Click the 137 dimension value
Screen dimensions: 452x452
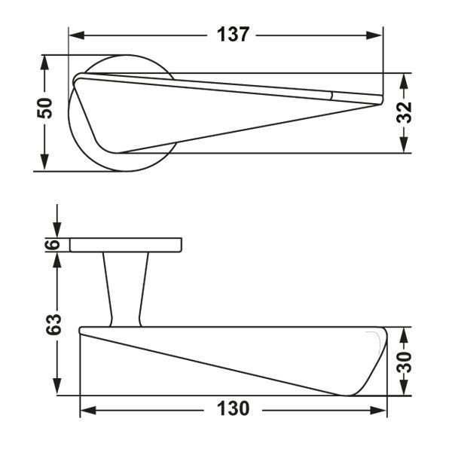[x=233, y=35]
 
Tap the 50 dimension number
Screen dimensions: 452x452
[x=44, y=108]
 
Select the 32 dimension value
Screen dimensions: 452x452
[x=404, y=112]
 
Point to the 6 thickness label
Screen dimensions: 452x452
[x=53, y=245]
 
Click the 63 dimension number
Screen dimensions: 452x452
[x=53, y=324]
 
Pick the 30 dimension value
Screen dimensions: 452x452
[x=404, y=362]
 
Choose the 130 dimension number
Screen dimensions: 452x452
[x=233, y=408]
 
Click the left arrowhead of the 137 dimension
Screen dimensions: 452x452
[x=77, y=35]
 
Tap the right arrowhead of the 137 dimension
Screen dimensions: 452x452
[x=374, y=35]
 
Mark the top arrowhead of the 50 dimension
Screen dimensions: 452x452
[x=44, y=63]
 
